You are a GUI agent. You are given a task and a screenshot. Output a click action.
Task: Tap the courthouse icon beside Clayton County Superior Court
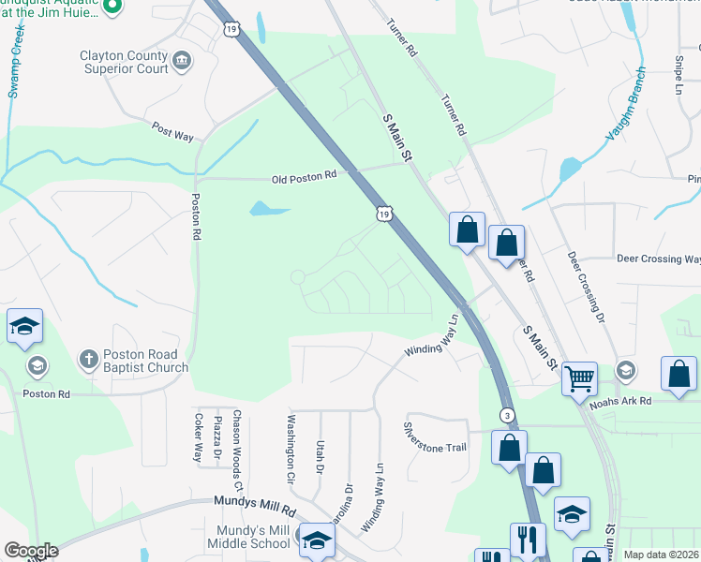tap(182, 62)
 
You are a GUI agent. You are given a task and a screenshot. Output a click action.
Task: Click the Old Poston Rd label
tap(304, 176)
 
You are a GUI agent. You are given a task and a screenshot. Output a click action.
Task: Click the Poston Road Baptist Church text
tap(146, 361)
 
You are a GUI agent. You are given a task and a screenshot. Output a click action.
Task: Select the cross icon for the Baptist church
tap(88, 359)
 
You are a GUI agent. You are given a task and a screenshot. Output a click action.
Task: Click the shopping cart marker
tap(580, 378)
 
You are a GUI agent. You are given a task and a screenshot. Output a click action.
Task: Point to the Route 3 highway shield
tap(506, 414)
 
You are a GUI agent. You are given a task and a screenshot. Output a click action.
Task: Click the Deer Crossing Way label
tap(658, 259)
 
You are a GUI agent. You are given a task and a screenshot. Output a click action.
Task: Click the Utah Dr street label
tap(320, 456)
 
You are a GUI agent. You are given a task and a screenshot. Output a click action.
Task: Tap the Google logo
tap(31, 551)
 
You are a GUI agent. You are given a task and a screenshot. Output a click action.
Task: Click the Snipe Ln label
tap(679, 80)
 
